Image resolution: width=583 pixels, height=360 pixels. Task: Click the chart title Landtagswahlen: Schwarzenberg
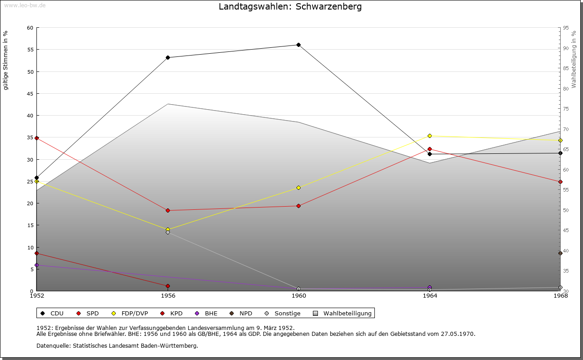pyautogui.click(x=290, y=7)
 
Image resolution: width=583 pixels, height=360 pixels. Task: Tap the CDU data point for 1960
pyautogui.click(x=298, y=45)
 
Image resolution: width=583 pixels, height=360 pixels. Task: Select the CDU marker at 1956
pyautogui.click(x=168, y=57)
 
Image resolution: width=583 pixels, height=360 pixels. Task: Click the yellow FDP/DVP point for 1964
pyautogui.click(x=430, y=136)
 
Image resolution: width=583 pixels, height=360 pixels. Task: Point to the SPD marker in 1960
pyautogui.click(x=298, y=206)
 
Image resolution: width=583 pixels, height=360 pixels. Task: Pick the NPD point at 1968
pyautogui.click(x=560, y=253)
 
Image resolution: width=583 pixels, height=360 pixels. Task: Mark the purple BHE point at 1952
pyautogui.click(x=36, y=265)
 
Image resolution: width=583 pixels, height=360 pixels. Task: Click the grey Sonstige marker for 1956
pyautogui.click(x=168, y=233)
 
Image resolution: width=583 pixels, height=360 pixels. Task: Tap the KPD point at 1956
pyautogui.click(x=168, y=286)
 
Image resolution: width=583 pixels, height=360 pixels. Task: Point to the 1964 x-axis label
pyautogui.click(x=430, y=296)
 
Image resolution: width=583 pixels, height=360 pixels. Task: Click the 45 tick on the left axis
pyautogui.click(x=30, y=94)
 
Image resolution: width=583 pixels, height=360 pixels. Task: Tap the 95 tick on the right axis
pyautogui.click(x=565, y=28)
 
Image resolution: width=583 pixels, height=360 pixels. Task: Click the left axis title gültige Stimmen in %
pyautogui.click(x=6, y=60)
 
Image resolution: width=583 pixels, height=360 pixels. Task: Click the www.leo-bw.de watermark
pyautogui.click(x=25, y=5)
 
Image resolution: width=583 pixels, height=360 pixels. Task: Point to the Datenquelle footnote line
pyautogui.click(x=117, y=345)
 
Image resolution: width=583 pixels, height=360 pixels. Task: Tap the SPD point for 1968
pyautogui.click(x=560, y=182)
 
